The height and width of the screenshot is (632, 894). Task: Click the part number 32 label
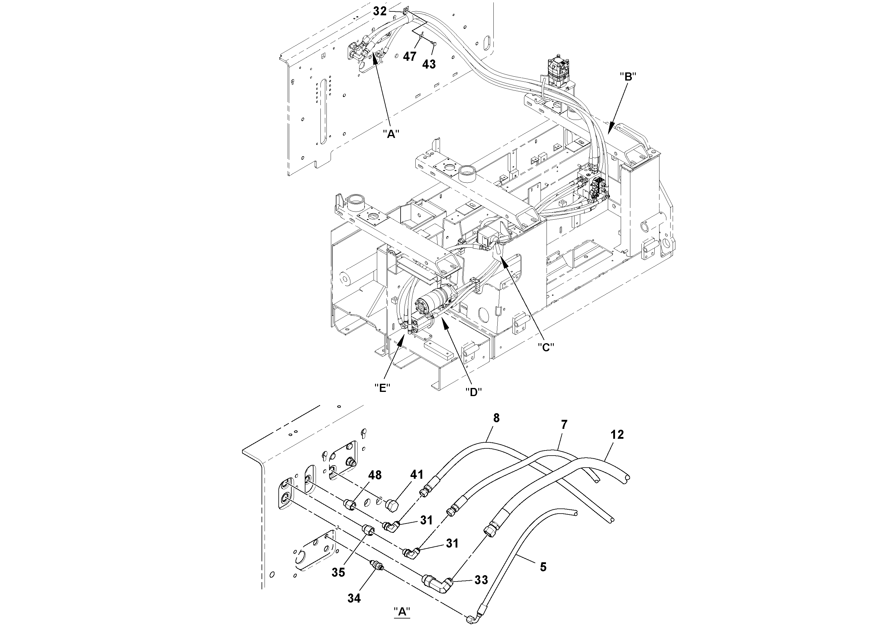pos(380,11)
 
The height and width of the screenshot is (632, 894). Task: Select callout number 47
pos(409,57)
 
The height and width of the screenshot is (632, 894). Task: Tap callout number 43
pos(429,64)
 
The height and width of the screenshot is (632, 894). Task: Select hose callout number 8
pos(496,418)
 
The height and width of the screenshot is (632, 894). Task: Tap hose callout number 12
pos(617,435)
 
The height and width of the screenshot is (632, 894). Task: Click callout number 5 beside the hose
pos(543,567)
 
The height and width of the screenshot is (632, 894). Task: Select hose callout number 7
pos(564,424)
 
